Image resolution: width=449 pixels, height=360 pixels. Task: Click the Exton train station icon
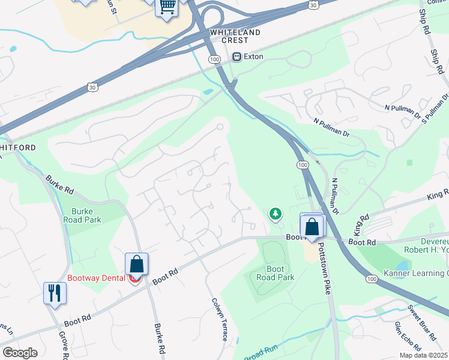tap(237, 57)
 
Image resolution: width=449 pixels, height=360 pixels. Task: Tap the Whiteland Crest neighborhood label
tap(235, 36)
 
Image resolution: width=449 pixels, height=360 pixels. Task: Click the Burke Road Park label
tap(86, 215)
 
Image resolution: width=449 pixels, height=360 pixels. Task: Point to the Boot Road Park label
tap(275, 274)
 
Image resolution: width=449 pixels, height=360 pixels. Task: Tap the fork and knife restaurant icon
tap(55, 293)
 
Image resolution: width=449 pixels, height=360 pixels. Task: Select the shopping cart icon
tap(167, 7)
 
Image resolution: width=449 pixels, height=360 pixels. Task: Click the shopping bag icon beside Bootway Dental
tap(137, 263)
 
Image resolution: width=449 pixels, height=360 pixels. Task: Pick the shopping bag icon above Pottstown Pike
tap(312, 227)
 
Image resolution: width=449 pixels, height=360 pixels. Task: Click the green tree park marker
tap(276, 213)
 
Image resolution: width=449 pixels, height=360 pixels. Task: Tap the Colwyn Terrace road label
tap(219, 320)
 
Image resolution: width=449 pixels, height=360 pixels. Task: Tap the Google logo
tap(20, 352)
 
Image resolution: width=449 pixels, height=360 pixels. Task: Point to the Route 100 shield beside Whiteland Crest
tap(214, 59)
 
